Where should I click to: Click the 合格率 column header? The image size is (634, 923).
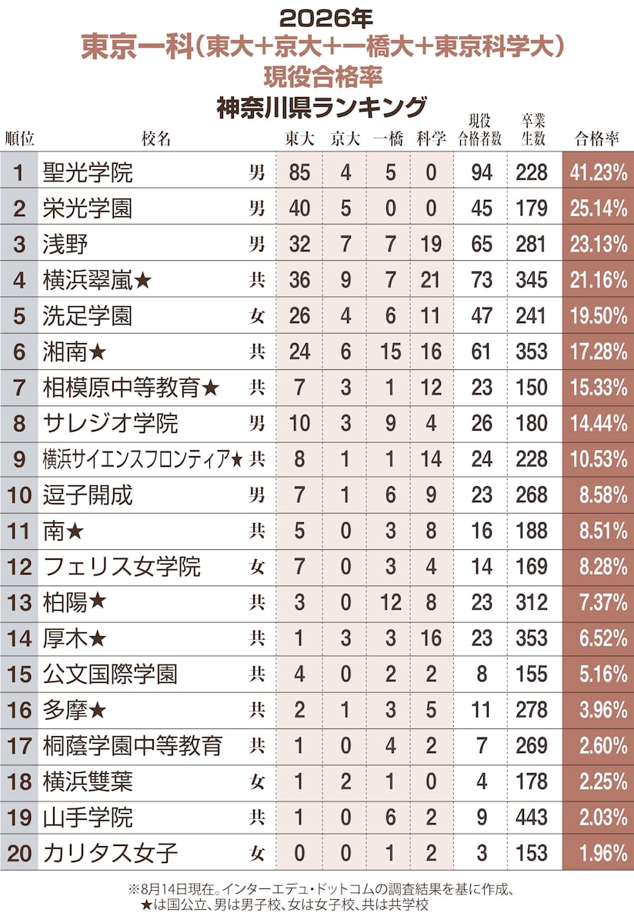596,139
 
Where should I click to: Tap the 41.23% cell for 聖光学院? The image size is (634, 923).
598,172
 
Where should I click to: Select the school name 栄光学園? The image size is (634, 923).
88,208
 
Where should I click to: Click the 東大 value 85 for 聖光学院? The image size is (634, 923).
299,172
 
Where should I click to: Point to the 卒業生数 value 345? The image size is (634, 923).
532,280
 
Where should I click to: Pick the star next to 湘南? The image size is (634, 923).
97,352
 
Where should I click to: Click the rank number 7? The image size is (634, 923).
19,388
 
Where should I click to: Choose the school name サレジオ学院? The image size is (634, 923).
110,424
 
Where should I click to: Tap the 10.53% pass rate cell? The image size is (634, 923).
598,459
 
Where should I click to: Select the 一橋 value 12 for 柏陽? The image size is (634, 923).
390,603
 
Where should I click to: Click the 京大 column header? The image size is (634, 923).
345,139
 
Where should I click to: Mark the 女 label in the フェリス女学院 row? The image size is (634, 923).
256,568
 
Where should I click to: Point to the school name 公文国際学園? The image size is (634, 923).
110,675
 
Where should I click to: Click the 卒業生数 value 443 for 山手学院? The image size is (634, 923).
532,818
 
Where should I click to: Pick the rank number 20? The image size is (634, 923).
19,854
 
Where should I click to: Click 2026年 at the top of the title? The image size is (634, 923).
326,19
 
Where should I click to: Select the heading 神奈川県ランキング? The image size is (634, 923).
321,108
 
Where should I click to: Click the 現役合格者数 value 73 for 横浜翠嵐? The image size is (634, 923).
482,280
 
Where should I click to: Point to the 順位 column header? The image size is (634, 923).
19,139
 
